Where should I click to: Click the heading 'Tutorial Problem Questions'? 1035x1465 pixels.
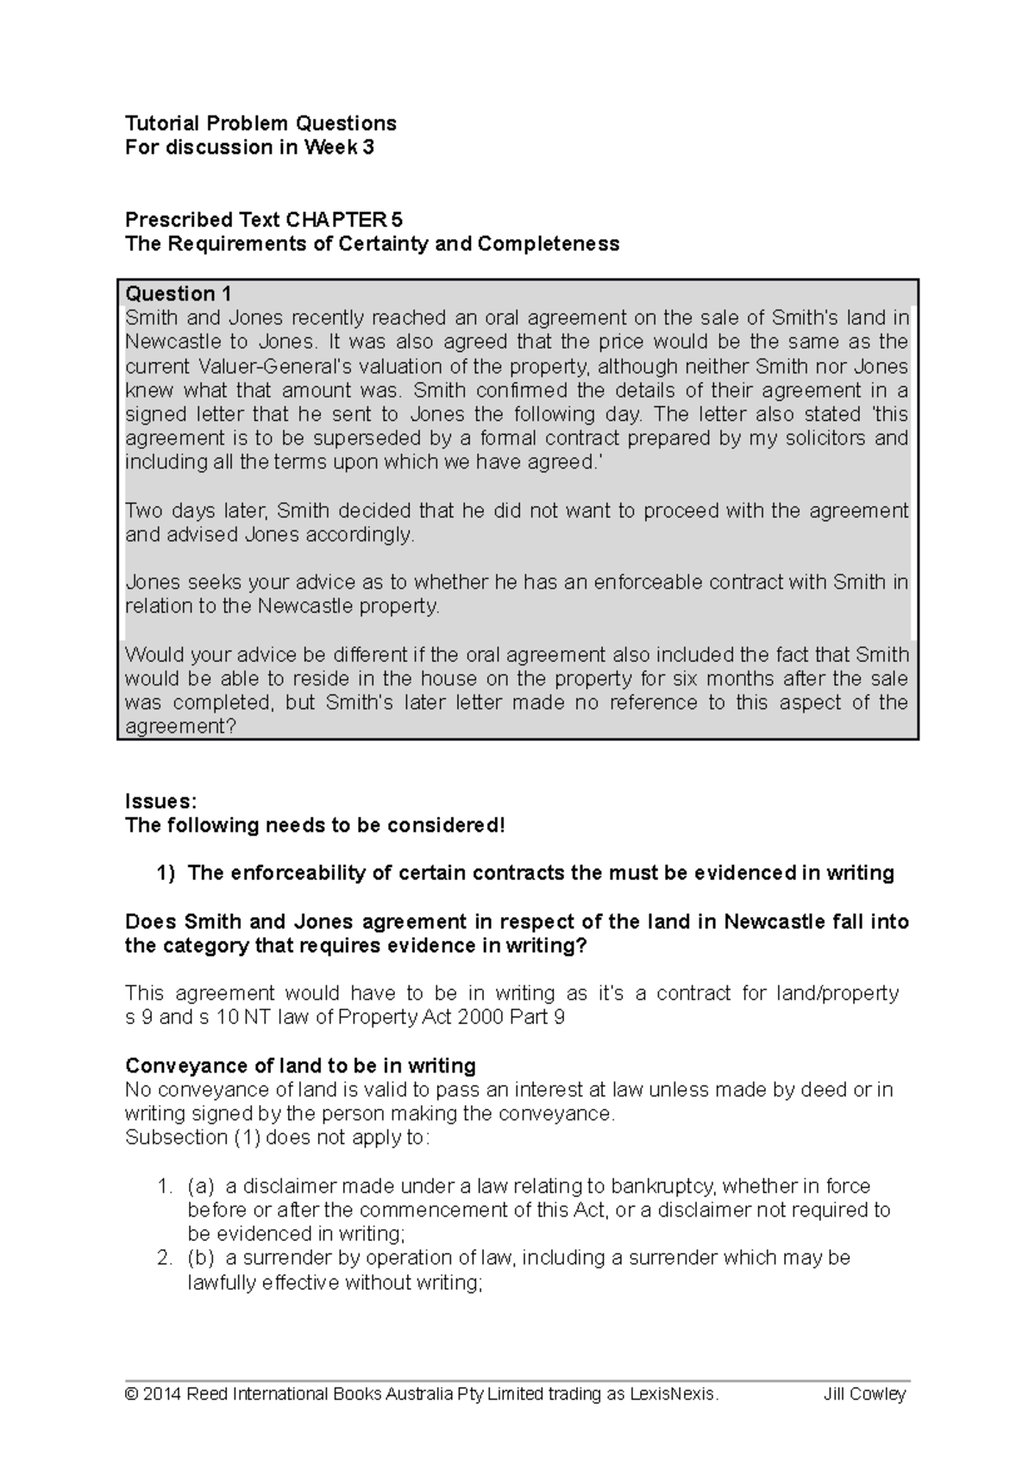point(260,123)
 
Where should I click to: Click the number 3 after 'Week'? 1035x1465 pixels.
point(368,147)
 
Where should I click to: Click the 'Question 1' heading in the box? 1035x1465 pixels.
point(178,293)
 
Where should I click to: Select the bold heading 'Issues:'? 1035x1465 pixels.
point(160,801)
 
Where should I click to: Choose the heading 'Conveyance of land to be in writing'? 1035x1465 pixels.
point(300,1065)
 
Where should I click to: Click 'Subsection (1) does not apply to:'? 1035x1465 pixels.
point(276,1137)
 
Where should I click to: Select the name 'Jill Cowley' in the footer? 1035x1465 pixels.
point(864,1394)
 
